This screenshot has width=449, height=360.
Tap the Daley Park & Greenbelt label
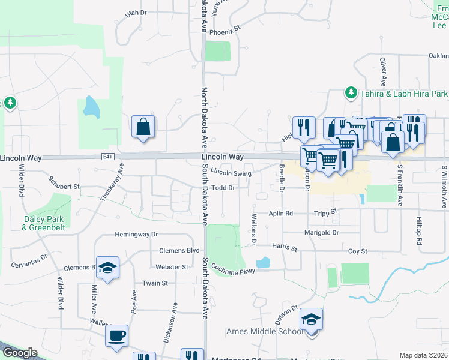click(x=43, y=223)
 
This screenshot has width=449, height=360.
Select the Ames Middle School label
click(x=265, y=331)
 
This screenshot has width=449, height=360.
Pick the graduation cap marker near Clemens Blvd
click(x=107, y=267)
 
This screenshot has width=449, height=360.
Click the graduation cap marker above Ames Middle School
click(x=311, y=319)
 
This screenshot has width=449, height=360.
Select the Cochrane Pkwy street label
click(x=233, y=271)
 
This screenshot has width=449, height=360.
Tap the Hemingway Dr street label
click(x=136, y=235)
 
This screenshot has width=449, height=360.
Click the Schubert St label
click(x=64, y=187)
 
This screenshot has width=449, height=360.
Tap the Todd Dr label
click(x=222, y=188)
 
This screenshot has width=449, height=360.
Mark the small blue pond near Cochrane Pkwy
click(x=263, y=263)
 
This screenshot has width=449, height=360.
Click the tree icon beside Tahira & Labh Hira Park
click(x=351, y=93)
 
